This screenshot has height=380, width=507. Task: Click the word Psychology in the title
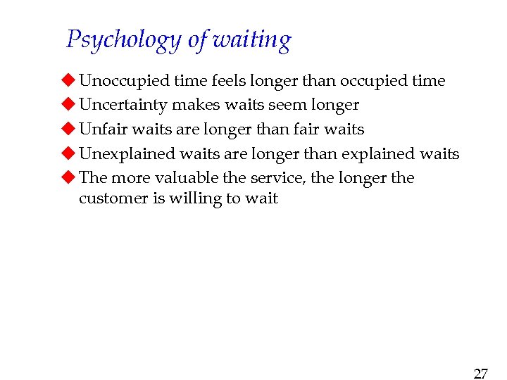124,40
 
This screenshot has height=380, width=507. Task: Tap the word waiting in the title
251,40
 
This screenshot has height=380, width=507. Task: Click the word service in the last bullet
280,177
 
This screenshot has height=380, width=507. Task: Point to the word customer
113,198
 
